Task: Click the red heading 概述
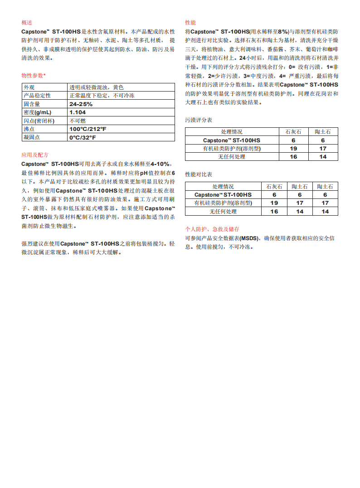coord(27,23)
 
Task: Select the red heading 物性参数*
coord(34,75)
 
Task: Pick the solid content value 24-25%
coord(81,104)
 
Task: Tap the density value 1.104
coord(78,112)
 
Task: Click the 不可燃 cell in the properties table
coord(78,121)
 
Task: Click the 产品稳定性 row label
coord(37,96)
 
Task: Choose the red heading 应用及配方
coord(35,155)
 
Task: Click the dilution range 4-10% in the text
coord(160,164)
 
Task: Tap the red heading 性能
coord(190,23)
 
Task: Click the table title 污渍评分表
coord(199,121)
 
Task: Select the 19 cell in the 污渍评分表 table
coord(293,149)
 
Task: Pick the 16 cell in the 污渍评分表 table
coord(293,157)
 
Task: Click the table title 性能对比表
coord(199,174)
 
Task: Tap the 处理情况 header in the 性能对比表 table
coord(223,187)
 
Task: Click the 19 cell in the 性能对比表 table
coord(274,203)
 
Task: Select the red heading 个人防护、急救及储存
coord(212,229)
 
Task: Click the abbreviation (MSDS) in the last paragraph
coord(248,238)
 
